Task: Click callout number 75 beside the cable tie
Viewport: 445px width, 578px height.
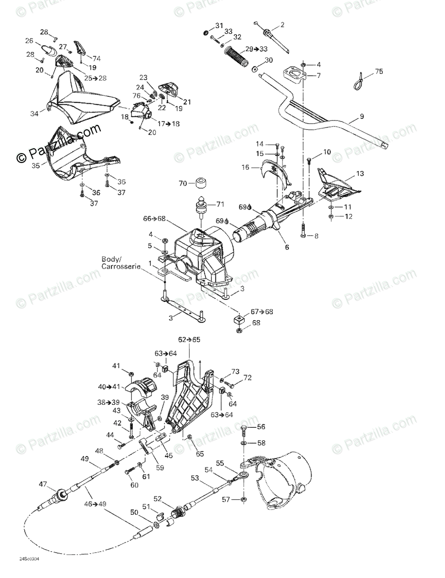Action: [x=379, y=71]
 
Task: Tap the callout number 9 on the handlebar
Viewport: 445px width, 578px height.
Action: [x=362, y=117]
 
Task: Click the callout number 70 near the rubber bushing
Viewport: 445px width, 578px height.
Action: [x=182, y=184]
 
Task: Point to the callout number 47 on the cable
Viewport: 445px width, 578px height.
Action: [x=43, y=485]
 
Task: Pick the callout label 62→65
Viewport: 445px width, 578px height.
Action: [x=190, y=340]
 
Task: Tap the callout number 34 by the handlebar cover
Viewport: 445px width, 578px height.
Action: [x=34, y=114]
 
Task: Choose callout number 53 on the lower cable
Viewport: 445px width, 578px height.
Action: [x=195, y=478]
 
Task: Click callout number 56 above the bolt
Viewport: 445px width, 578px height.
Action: [x=261, y=427]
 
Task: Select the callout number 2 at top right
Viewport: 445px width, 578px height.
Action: [x=283, y=25]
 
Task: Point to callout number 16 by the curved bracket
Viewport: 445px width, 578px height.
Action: [x=245, y=167]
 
